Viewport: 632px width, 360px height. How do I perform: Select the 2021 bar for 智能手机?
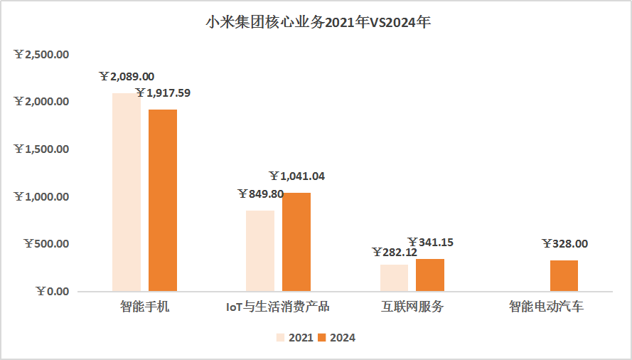coord(127,192)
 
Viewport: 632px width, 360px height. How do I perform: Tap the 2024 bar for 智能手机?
coord(163,200)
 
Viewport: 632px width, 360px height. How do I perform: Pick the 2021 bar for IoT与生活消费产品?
coord(260,250)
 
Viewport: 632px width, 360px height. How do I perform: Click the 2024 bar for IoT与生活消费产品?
coord(296,242)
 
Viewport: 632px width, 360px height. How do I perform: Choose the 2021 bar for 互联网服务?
coord(394,277)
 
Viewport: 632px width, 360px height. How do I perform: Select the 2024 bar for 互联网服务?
coord(430,275)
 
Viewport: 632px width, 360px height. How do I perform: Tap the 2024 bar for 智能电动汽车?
coord(564,275)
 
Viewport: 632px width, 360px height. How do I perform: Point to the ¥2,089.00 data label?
coord(127,77)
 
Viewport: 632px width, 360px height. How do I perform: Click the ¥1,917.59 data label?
coord(163,92)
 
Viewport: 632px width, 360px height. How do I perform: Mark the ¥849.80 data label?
coord(260,194)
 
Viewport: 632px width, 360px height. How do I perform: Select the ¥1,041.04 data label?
coord(296,176)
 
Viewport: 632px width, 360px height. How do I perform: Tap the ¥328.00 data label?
coord(564,243)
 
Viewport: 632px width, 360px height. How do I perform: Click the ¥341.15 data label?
coord(430,243)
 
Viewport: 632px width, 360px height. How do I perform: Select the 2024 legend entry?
coord(336,338)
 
